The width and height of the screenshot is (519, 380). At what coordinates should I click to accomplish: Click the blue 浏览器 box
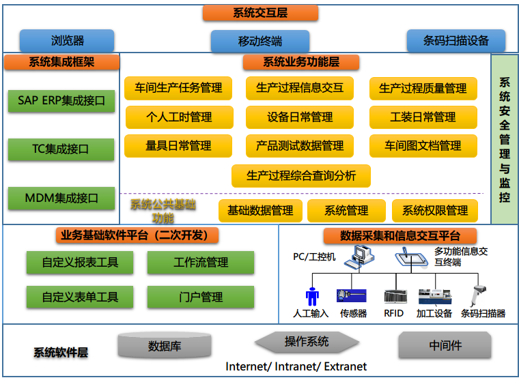tap(67, 40)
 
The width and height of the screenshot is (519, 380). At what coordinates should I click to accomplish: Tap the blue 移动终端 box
tap(259, 41)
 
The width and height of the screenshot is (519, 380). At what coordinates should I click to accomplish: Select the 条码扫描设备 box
tap(456, 40)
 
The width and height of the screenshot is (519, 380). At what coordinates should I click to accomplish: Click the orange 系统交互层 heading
tap(261, 13)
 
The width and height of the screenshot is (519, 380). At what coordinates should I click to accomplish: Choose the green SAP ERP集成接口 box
tap(61, 101)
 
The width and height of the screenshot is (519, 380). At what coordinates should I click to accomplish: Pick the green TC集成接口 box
tap(61, 149)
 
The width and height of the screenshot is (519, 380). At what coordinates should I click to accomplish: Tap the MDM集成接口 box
tap(61, 198)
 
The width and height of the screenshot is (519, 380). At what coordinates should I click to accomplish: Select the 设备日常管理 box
tap(300, 117)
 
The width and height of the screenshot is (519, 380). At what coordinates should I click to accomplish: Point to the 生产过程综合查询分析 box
tap(301, 175)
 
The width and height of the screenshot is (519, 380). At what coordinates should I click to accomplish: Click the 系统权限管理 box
tap(435, 211)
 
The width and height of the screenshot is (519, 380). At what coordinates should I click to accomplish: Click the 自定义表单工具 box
tap(80, 297)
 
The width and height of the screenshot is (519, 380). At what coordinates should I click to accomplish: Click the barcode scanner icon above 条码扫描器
tap(476, 295)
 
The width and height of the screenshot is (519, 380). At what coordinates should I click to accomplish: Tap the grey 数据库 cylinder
tap(165, 346)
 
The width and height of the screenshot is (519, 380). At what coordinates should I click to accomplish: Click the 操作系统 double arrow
tap(307, 342)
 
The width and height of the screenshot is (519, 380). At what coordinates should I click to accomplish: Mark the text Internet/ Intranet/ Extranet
tap(296, 367)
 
